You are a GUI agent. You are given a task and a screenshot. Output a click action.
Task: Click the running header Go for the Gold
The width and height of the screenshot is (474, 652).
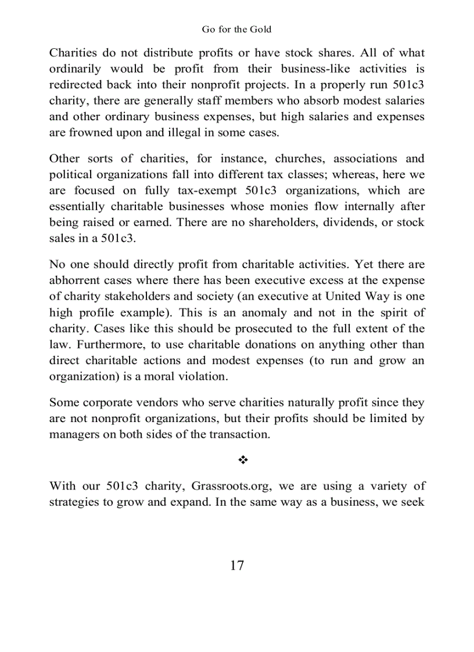(x=236, y=29)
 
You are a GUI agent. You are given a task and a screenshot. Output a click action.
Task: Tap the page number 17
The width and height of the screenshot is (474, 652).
(x=236, y=565)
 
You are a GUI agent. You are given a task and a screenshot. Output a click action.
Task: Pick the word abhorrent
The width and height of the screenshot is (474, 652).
(x=74, y=280)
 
